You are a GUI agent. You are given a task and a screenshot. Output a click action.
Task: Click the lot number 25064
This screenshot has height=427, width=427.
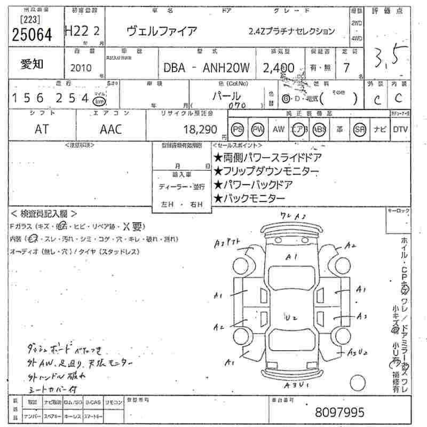click(32, 34)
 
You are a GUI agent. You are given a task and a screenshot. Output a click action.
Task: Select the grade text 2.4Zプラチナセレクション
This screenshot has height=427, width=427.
click(291, 31)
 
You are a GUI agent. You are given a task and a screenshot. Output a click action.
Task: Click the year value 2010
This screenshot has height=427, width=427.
click(81, 68)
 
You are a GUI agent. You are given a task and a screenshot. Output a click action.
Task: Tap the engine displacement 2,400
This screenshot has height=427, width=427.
click(278, 67)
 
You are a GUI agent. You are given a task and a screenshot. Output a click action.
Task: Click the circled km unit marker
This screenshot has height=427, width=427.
click(98, 101)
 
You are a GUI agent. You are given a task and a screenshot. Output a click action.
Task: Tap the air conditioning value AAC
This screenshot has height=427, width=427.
click(110, 129)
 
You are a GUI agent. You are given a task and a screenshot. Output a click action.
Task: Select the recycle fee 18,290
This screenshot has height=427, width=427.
click(200, 129)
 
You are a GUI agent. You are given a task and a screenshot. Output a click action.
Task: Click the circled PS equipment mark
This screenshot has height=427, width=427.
click(238, 129)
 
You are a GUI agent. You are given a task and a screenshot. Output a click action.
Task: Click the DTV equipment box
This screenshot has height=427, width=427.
click(400, 129)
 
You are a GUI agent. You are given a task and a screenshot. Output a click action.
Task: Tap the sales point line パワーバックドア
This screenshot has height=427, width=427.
click(253, 185)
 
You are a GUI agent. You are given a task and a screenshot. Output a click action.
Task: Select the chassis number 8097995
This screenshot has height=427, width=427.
click(340, 412)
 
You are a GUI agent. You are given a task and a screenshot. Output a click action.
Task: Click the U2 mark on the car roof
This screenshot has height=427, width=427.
click(291, 318)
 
